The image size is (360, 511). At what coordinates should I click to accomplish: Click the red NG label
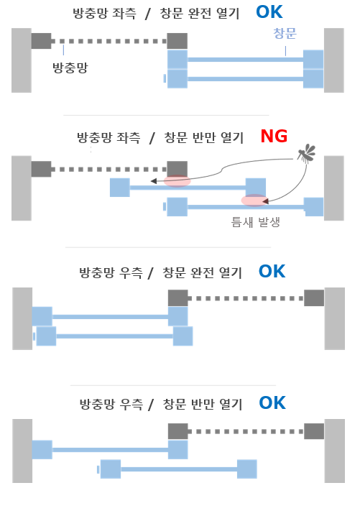point(274,137)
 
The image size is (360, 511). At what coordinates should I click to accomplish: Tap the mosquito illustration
point(307,154)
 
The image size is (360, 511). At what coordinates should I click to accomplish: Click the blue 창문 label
point(285,33)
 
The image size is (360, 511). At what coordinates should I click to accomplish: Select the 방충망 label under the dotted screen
point(70,68)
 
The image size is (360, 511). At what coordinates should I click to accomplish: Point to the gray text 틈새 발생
point(255,222)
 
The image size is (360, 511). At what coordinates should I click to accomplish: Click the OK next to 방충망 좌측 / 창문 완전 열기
point(269,12)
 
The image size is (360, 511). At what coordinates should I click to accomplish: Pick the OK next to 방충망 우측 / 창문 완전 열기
point(272,272)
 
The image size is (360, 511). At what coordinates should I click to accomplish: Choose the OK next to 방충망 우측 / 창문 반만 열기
point(272,402)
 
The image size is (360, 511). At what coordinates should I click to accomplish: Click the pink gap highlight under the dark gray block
point(177,181)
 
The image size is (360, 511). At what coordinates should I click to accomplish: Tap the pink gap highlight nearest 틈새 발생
point(254,200)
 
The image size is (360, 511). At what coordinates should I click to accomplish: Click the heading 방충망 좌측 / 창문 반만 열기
point(160,137)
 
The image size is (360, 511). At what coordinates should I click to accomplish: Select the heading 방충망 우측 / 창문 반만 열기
point(161,404)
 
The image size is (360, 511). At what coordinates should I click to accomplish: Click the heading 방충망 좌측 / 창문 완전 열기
point(156,14)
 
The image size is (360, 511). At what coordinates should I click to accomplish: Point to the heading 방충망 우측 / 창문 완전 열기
point(161,272)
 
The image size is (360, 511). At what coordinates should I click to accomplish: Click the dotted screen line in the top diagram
point(109,41)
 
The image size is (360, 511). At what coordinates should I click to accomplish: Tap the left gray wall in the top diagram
point(22,60)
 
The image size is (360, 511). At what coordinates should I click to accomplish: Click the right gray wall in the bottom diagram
point(335,451)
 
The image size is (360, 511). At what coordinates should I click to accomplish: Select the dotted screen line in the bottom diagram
point(246,431)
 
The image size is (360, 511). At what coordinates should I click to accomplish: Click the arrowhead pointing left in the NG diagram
point(154,181)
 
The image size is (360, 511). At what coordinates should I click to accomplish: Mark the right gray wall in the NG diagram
point(334,188)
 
